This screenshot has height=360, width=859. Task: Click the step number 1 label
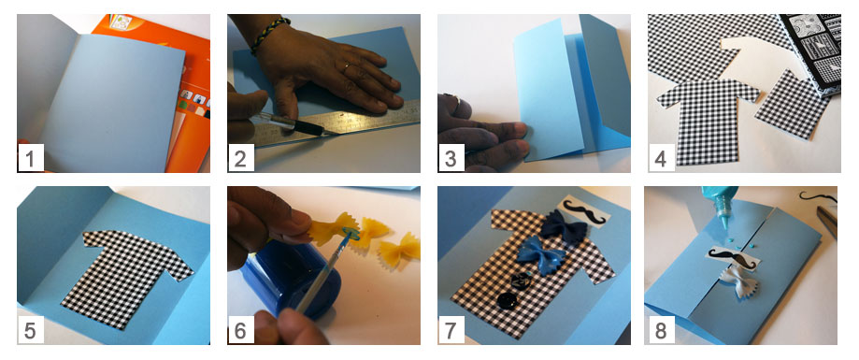coord(31,159)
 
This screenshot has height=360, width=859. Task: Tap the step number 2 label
coord(241,159)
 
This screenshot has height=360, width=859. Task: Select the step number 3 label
coord(451,159)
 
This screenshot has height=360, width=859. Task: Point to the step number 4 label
coord(661,159)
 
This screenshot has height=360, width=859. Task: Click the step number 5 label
coord(31,330)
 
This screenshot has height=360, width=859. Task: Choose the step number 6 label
coord(241,330)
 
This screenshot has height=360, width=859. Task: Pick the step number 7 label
coord(451,330)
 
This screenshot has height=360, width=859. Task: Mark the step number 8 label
coord(661,330)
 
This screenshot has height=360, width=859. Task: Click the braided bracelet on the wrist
coord(269,34)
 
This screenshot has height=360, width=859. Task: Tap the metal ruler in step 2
coord(335,125)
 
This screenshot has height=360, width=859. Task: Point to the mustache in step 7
coord(584,211)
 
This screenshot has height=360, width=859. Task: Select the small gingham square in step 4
coord(792,104)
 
